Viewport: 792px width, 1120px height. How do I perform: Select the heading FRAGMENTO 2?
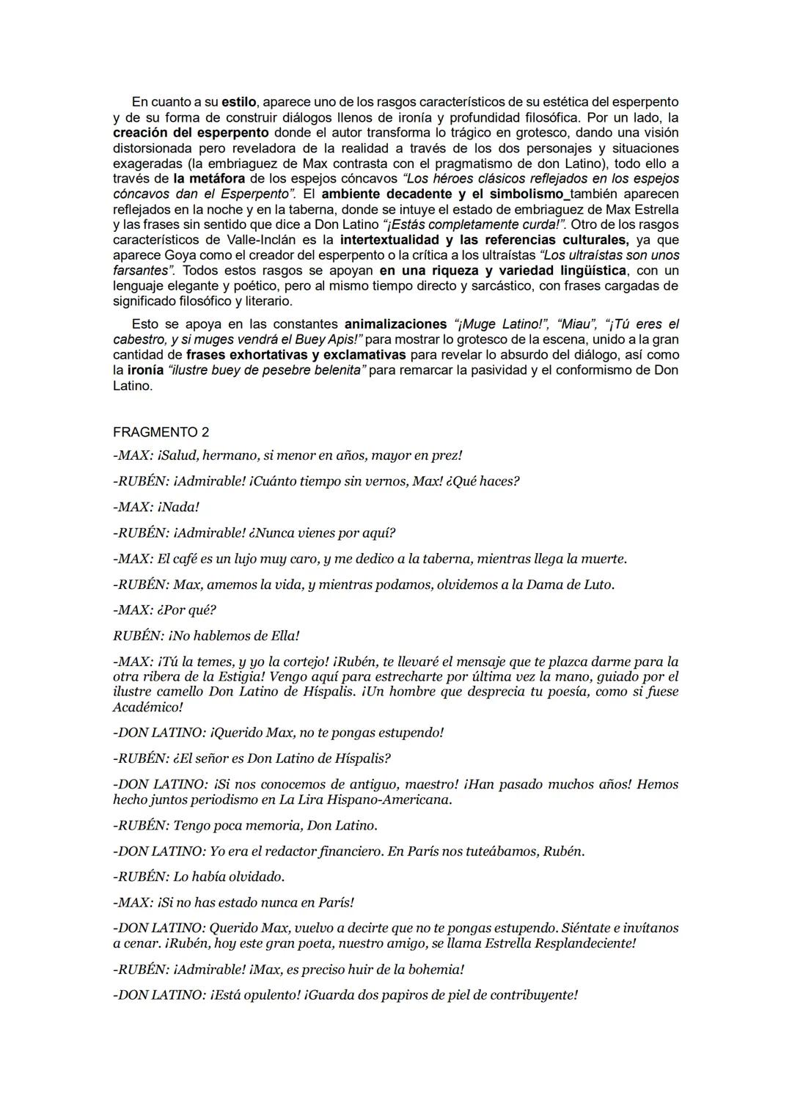pos(161,432)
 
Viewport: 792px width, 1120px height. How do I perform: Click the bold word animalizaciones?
pos(395,324)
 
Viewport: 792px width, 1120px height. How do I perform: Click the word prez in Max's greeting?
pos(447,455)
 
